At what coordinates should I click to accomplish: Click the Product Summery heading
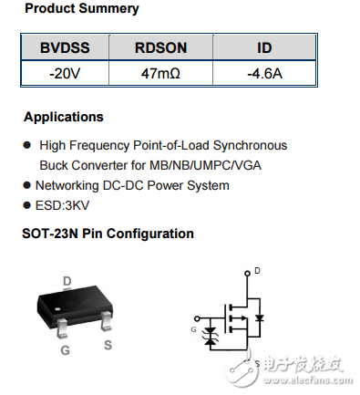click(x=81, y=9)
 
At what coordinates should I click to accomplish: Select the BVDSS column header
click(x=64, y=48)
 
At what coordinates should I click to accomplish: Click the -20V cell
click(x=64, y=73)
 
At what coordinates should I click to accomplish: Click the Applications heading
click(x=63, y=118)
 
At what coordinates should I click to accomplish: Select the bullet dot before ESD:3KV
click(x=27, y=205)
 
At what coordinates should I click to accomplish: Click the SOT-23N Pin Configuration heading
click(x=108, y=234)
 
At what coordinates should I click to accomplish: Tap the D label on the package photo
click(x=67, y=281)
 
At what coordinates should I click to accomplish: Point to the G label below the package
click(x=66, y=349)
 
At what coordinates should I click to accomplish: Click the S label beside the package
click(x=108, y=345)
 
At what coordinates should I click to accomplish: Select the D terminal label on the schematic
click(x=257, y=271)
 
